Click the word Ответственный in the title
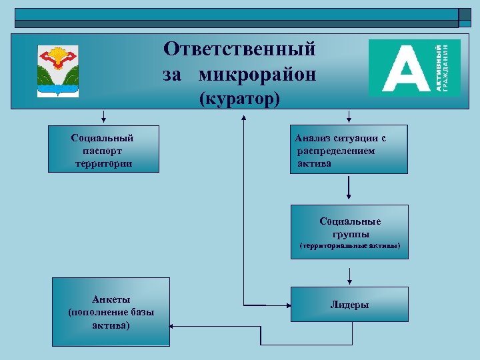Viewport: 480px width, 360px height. pyautogui.click(x=240, y=49)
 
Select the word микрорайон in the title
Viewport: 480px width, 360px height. pyautogui.click(x=257, y=75)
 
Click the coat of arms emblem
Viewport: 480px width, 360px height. pyautogui.click(x=57, y=70)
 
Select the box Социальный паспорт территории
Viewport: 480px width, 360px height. pyautogui.click(x=103, y=149)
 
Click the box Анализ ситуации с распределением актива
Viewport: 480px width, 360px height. pyautogui.click(x=348, y=150)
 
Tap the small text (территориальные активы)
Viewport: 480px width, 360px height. pyautogui.click(x=349, y=246)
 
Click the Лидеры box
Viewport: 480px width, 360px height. pyautogui.click(x=349, y=304)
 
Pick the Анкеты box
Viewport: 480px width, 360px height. pyautogui.click(x=111, y=312)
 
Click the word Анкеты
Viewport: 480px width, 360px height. pyautogui.click(x=111, y=299)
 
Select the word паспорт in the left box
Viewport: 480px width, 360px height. pyautogui.click(x=103, y=151)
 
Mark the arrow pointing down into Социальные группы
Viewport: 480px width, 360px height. pyautogui.click(x=348, y=197)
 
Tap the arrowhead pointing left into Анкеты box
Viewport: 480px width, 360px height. pyautogui.click(x=173, y=327)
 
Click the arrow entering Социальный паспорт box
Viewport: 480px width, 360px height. pyautogui.click(x=103, y=121)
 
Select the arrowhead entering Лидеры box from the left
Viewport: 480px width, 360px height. pyautogui.click(x=287, y=305)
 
